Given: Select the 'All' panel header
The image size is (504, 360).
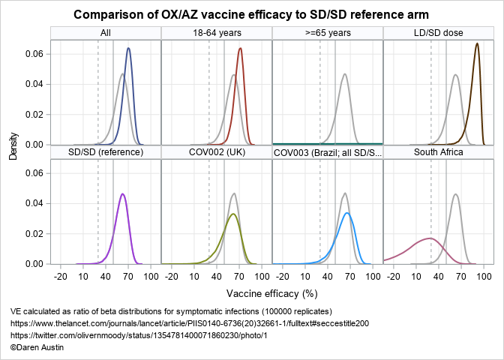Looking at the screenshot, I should pyautogui.click(x=106, y=33).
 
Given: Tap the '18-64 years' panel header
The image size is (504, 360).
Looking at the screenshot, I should pyautogui.click(x=217, y=33).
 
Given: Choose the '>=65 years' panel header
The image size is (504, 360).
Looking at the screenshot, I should pyautogui.click(x=328, y=33).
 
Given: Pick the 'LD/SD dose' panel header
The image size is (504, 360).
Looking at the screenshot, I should pyautogui.click(x=439, y=33).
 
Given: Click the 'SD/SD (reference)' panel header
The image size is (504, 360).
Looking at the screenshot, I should pyautogui.click(x=106, y=152).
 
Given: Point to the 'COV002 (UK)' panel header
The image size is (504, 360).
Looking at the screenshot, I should pyautogui.click(x=217, y=152).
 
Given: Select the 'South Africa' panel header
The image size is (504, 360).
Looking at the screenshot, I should pyautogui.click(x=439, y=152).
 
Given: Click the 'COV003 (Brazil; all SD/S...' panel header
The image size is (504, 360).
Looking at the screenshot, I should pyautogui.click(x=328, y=152).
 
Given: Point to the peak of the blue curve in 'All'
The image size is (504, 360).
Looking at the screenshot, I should pyautogui.click(x=128, y=49).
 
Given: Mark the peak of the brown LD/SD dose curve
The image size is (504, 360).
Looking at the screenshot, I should pyautogui.click(x=477, y=43).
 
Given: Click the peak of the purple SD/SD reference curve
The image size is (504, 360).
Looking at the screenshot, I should pyautogui.click(x=122, y=194).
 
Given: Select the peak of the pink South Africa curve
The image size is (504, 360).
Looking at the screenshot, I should pyautogui.click(x=430, y=238).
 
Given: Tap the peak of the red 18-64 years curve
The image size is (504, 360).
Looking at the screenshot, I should pyautogui.click(x=240, y=49).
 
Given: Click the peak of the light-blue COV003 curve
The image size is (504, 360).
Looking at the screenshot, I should pyautogui.click(x=347, y=213).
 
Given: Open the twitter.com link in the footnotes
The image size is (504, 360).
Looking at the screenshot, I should pyautogui.click(x=139, y=335).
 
